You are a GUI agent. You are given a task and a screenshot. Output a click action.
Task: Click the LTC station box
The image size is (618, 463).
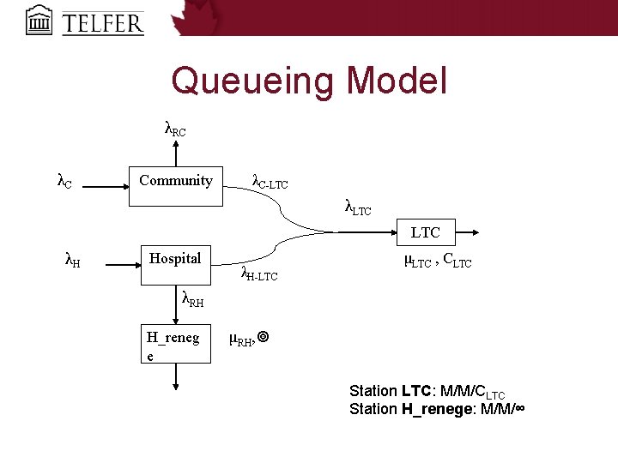pos(425,232)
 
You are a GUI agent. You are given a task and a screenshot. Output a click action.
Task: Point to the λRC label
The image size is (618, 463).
pos(174,129)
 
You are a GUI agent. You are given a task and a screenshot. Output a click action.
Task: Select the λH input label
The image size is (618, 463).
pos(74,258)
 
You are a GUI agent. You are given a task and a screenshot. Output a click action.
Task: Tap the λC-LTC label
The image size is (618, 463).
pos(270,182)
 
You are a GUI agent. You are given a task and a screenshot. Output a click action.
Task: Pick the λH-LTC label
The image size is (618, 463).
pos(259,274)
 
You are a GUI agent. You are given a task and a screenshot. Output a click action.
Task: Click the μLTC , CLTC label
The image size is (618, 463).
pos(437,261)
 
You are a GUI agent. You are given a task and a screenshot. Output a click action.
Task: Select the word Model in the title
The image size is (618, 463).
pos(397,81)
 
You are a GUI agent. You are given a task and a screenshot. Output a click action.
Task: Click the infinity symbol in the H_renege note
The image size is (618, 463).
pos(517,409)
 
